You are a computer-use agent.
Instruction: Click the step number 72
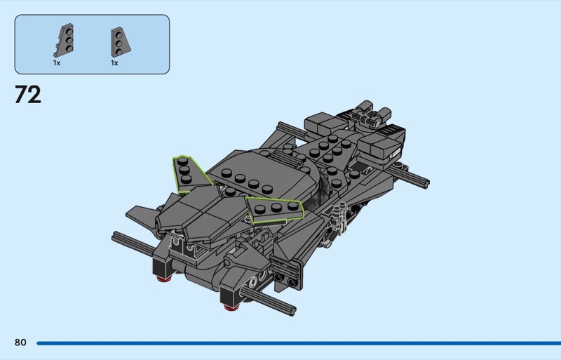28,95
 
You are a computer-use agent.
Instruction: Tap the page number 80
20,342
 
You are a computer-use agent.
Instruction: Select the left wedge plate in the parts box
64,40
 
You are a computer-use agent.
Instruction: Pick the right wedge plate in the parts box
121,42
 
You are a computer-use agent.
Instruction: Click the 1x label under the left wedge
57,63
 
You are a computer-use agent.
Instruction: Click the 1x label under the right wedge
114,63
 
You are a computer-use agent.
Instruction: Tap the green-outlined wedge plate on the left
189,174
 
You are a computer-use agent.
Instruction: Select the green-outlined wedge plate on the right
275,210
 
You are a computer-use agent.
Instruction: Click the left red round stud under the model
163,279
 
